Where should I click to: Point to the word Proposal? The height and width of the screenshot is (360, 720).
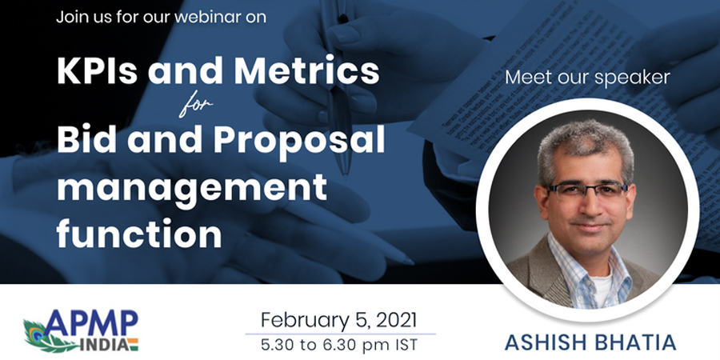click(299, 144)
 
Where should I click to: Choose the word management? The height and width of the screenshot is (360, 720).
click(192, 189)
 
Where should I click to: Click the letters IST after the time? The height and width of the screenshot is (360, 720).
click(402, 344)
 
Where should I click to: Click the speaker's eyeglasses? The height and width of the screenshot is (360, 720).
click(587, 189)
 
